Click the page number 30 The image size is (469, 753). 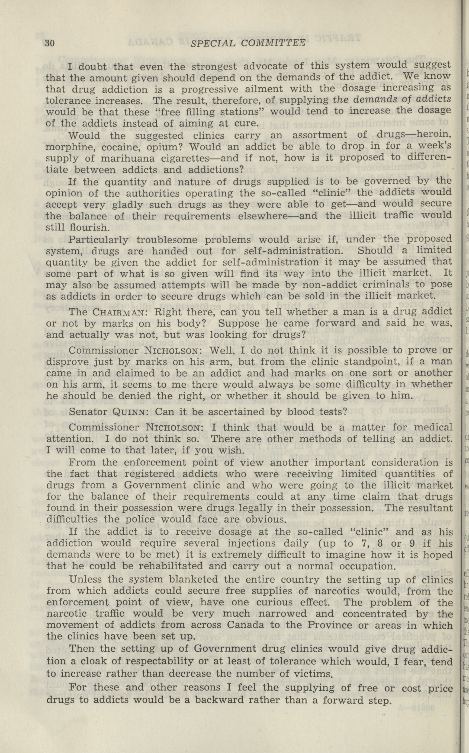click(x=50, y=43)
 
